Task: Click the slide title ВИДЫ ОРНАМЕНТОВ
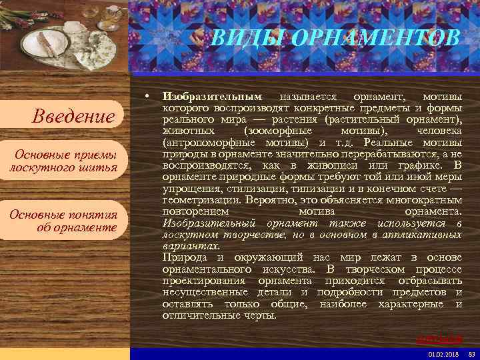tap(335, 38)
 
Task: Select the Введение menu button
tap(74, 117)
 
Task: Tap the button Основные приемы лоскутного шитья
tap(63, 161)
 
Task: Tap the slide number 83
tap(472, 354)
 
